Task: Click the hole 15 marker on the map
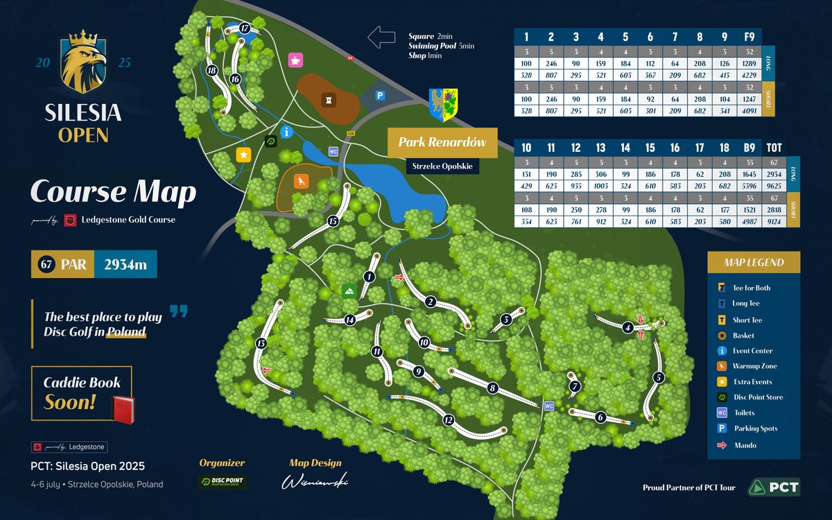pyautogui.click(x=333, y=221)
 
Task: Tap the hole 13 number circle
pyautogui.click(x=261, y=343)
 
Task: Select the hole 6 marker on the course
pyautogui.click(x=600, y=417)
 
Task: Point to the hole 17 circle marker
pyautogui.click(x=245, y=28)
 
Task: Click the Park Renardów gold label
pyautogui.click(x=442, y=143)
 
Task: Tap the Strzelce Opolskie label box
pyautogui.click(x=442, y=166)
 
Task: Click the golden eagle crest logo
pyautogui.click(x=83, y=62)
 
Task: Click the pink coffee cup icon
pyautogui.click(x=295, y=60)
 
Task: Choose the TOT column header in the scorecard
pyautogui.click(x=774, y=148)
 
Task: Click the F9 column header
pyautogui.click(x=749, y=37)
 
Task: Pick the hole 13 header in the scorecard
pyautogui.click(x=600, y=148)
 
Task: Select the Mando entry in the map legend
pyautogui.click(x=745, y=445)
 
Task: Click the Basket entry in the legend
pyautogui.click(x=743, y=336)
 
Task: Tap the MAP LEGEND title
pyautogui.click(x=754, y=262)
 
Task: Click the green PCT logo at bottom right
pyautogui.click(x=774, y=487)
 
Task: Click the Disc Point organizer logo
pyautogui.click(x=222, y=482)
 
